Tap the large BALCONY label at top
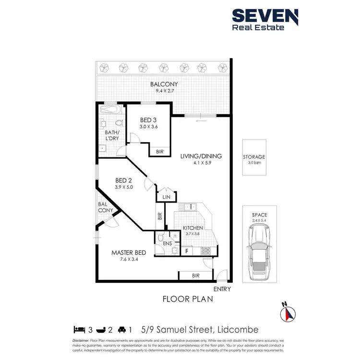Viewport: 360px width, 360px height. pos(165,85)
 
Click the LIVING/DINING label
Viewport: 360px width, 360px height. pos(201,156)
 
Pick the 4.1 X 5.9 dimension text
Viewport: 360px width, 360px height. pos(201,163)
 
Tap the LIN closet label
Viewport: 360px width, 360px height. pos(166,197)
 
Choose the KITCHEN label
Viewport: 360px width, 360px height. pos(193,228)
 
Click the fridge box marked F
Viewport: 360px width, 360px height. pos(186,251)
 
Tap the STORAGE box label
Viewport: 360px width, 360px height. pos(254,157)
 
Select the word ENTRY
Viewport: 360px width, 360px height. pos(223,289)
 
